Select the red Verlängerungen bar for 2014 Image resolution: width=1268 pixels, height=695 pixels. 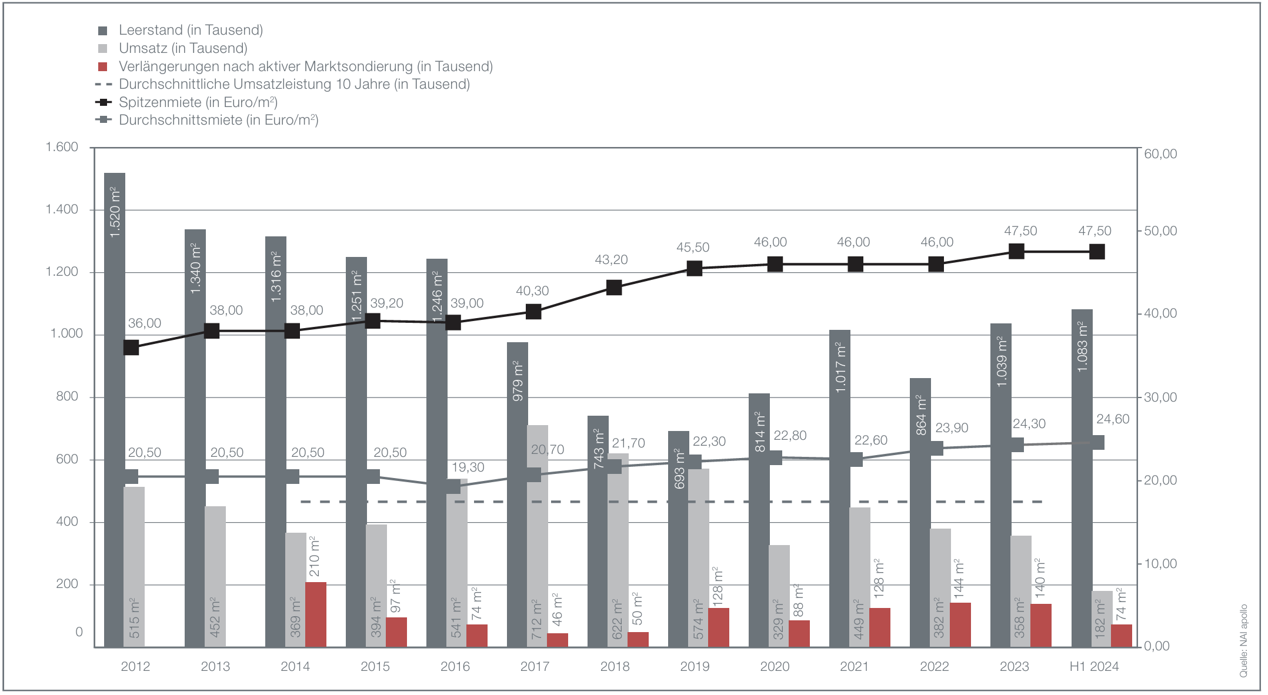tap(316, 614)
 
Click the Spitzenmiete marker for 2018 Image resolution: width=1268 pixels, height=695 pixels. tap(614, 288)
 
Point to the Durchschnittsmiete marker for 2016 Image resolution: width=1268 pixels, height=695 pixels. tap(453, 486)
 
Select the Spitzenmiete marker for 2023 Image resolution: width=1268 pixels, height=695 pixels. tap(1016, 252)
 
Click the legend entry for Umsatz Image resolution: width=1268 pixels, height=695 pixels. tap(183, 48)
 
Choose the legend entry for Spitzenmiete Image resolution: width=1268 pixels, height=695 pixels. tap(198, 102)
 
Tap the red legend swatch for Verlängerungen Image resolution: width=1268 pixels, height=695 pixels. tap(103, 66)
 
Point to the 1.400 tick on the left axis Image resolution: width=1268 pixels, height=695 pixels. tap(62, 209)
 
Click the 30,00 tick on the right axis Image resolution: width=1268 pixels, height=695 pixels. tap(1160, 397)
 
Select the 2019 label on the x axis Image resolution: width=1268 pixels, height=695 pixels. tap(695, 666)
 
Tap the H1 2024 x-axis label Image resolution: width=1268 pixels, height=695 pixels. tap(1094, 666)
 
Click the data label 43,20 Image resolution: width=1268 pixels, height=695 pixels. tap(611, 260)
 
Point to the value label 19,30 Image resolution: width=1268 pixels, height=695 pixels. tap(468, 467)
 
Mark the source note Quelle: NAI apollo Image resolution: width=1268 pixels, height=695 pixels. tap(1244, 640)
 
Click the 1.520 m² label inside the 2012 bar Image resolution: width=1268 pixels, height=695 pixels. tap(115, 212)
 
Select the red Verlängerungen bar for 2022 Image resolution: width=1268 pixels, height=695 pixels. tap(960, 624)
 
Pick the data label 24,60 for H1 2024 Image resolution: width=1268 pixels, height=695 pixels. tap(1113, 419)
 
